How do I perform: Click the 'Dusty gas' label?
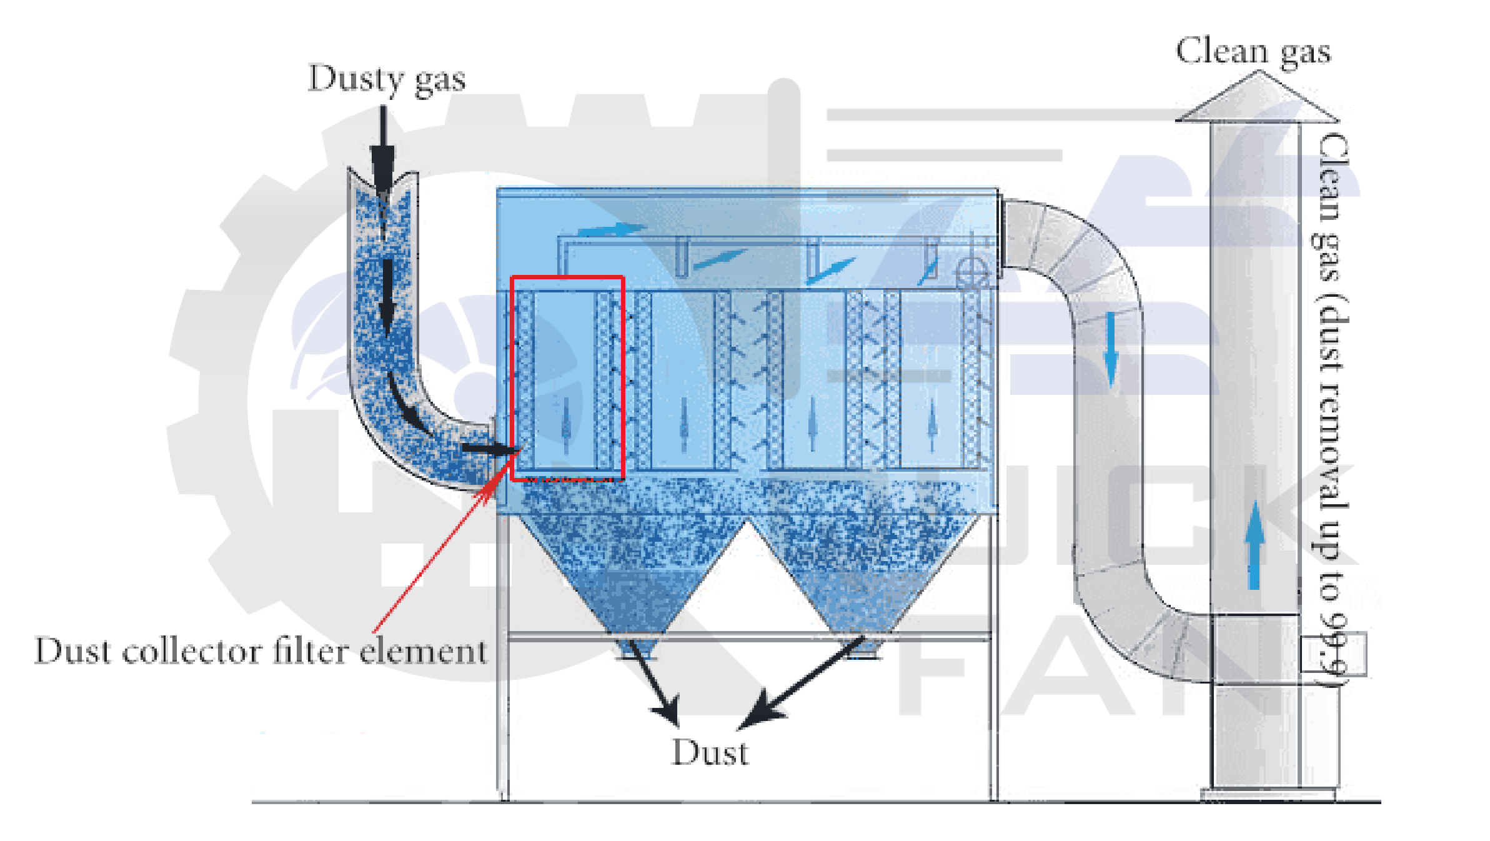[387, 80]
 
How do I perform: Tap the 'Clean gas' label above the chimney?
[1253, 52]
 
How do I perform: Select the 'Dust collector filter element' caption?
[261, 651]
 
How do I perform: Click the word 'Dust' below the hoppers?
[710, 752]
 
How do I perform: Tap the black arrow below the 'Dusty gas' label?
[382, 150]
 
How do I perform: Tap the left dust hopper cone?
[631, 575]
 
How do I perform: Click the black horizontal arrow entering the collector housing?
[490, 448]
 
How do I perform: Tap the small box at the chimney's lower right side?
[1333, 654]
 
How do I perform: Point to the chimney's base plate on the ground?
[1268, 795]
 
